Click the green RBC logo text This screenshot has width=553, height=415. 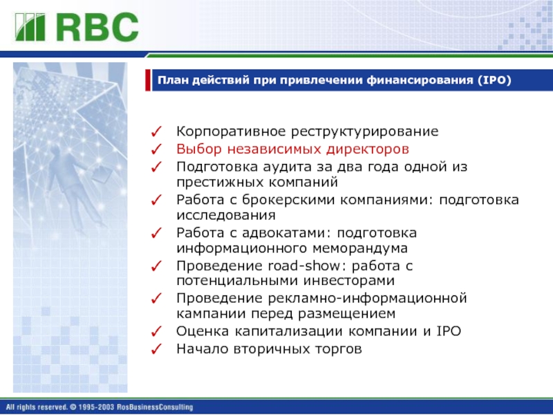[x=97, y=27]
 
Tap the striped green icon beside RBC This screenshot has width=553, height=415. [x=30, y=27]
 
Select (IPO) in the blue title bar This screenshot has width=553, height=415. [x=494, y=80]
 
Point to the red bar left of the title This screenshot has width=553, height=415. [x=148, y=80]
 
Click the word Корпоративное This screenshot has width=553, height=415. [x=231, y=131]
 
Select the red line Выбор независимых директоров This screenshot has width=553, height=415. [x=292, y=149]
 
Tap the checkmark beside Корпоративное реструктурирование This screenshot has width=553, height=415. [x=156, y=131]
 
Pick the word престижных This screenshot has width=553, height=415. [x=215, y=183]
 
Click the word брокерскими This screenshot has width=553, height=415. [x=289, y=200]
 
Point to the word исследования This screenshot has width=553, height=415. [x=226, y=215]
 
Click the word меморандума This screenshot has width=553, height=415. [x=360, y=248]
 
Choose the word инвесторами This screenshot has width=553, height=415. [x=349, y=281]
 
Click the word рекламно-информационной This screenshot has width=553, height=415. [x=367, y=299]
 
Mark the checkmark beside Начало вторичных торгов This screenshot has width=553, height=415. [x=156, y=349]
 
